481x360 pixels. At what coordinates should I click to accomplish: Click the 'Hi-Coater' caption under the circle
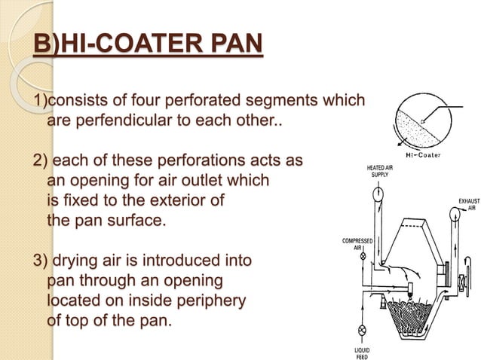[423, 156]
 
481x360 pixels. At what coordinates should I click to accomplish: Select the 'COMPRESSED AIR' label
[359, 245]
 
